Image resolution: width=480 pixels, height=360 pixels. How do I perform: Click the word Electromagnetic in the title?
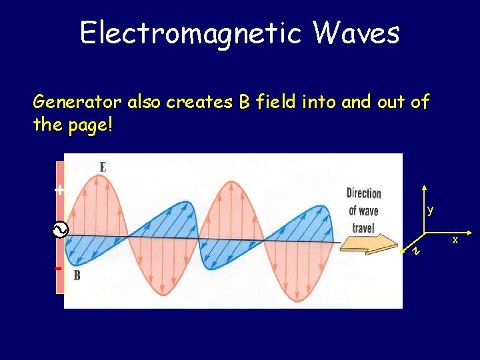[x=189, y=31]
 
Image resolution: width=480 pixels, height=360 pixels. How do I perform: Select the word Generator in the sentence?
[x=77, y=102]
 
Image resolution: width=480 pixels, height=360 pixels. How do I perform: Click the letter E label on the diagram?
[x=102, y=167]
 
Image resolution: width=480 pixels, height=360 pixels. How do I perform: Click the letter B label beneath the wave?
[x=77, y=275]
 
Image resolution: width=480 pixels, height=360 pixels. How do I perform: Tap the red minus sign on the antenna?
[x=59, y=268]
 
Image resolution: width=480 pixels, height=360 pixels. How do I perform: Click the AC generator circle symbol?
[x=58, y=231]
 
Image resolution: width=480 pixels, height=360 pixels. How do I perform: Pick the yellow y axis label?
[x=431, y=210]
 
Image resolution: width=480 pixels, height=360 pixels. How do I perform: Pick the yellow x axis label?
[x=456, y=239]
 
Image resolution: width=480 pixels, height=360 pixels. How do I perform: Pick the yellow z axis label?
[x=415, y=251]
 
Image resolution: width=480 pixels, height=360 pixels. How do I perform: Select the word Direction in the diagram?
[x=363, y=193]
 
